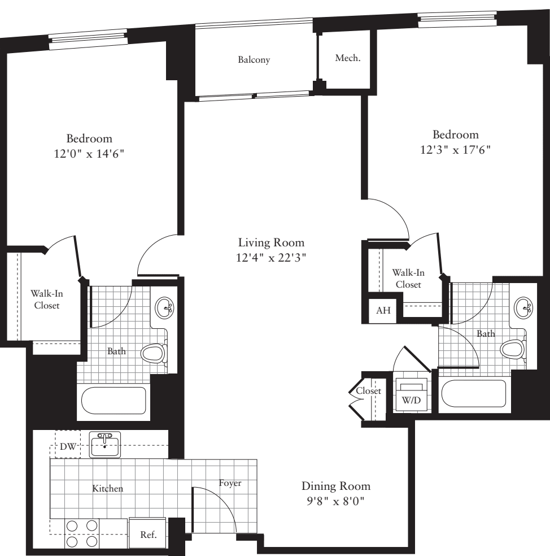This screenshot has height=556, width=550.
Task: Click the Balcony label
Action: [x=254, y=60]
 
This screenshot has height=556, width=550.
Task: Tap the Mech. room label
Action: [x=347, y=58]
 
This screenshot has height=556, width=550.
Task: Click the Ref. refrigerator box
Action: [x=147, y=533]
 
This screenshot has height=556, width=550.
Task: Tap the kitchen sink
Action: [x=105, y=445]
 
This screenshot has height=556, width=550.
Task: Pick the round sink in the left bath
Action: [x=166, y=309]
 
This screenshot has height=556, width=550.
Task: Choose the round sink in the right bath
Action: [x=523, y=309]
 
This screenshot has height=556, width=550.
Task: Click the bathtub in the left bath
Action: [x=114, y=401]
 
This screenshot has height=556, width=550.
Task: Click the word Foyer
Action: [x=230, y=483]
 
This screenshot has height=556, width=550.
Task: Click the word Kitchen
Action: [x=108, y=488]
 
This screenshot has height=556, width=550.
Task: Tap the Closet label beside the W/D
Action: [x=368, y=391]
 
